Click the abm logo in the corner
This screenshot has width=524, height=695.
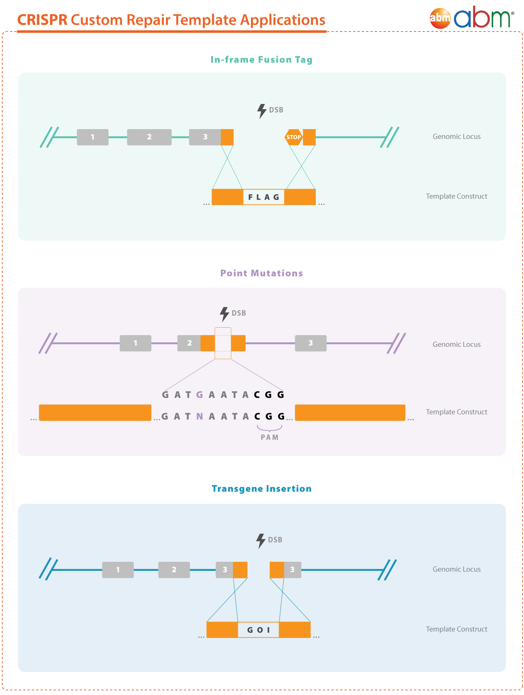click(472, 17)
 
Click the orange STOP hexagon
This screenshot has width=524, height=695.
click(294, 137)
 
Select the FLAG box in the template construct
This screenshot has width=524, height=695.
click(263, 197)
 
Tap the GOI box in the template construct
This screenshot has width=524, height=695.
click(258, 630)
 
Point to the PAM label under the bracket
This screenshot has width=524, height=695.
click(270, 437)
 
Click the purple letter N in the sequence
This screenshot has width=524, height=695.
click(199, 416)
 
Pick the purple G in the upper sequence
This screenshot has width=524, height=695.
click(199, 394)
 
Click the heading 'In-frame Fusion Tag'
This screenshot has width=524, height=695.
click(261, 60)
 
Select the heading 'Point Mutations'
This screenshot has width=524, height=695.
click(261, 273)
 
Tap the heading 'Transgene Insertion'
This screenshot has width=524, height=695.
click(261, 489)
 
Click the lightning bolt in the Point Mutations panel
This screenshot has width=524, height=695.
click(224, 314)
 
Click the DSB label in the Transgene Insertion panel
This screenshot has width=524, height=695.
click(275, 540)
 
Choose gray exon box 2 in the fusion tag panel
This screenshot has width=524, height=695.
click(149, 137)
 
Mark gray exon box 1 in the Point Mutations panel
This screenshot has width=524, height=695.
click(135, 343)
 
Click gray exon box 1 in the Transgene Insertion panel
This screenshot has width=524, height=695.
click(118, 570)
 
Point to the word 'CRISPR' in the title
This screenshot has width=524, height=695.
click(42, 20)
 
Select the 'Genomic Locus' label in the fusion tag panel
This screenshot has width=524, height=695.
click(456, 137)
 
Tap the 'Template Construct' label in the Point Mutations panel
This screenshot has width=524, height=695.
click(456, 412)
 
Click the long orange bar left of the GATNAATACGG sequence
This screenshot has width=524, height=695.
click(95, 412)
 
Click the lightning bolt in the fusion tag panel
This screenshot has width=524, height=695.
click(261, 111)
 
